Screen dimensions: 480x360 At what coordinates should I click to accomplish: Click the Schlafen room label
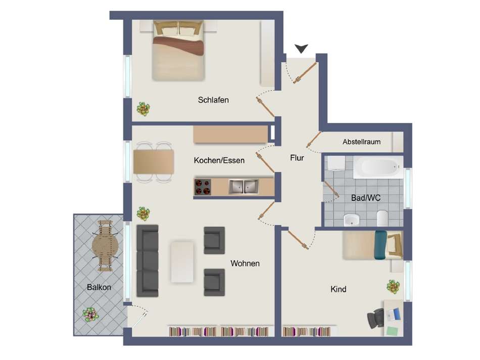[213, 100]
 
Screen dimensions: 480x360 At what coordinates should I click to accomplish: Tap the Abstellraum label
[362, 142]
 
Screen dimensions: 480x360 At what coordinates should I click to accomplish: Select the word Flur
[297, 158]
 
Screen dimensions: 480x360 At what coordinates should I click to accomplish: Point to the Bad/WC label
[366, 198]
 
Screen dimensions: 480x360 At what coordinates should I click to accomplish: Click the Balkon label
[99, 287]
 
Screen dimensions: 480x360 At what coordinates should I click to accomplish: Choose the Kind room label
[338, 289]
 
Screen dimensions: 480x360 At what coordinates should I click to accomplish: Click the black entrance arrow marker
[302, 49]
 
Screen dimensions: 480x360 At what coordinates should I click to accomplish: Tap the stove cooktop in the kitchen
[203, 187]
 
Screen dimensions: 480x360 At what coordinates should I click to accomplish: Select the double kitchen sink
[244, 187]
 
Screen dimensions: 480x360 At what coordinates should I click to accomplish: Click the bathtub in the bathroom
[378, 167]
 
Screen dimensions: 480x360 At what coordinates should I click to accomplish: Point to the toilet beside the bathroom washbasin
[382, 218]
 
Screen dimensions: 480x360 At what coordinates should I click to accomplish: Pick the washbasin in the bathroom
[352, 219]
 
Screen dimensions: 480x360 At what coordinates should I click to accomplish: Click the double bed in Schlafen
[178, 51]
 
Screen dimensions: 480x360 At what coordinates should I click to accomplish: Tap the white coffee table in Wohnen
[182, 262]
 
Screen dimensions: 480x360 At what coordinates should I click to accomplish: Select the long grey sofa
[148, 261]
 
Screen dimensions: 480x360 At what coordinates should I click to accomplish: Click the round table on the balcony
[105, 246]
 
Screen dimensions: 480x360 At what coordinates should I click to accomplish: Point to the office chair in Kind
[375, 319]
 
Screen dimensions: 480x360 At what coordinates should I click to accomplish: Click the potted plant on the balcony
[90, 314]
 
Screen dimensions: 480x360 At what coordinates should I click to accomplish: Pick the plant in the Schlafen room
[143, 109]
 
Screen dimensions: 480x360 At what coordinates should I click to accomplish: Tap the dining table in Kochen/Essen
[154, 162]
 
